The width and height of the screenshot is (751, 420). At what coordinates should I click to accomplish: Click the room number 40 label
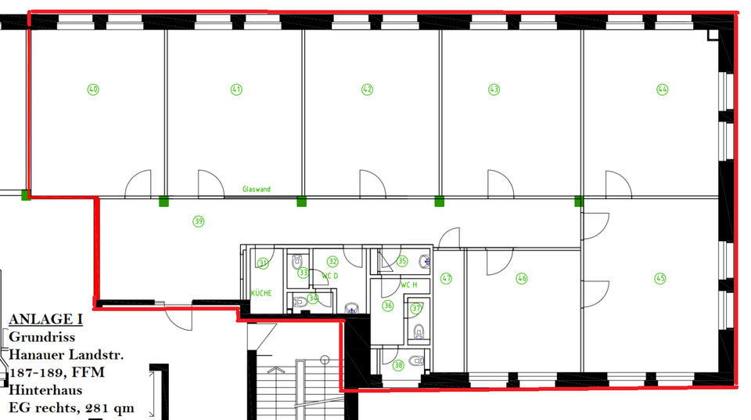coord(94,89)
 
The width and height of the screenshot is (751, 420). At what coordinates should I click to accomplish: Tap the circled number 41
coord(236,89)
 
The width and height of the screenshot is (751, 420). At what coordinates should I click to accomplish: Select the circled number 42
coord(367,89)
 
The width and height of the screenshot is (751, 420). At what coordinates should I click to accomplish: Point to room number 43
coord(494,89)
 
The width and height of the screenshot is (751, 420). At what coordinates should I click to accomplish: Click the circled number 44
coord(663,89)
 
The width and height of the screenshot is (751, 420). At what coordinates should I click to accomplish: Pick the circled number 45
coord(660,278)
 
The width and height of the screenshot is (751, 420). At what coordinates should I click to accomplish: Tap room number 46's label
coord(522,278)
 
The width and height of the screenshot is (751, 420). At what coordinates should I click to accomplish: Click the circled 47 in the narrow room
coord(447,278)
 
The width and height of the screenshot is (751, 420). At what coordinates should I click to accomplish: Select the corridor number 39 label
coord(199,222)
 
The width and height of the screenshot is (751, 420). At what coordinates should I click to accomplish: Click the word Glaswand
coord(257,190)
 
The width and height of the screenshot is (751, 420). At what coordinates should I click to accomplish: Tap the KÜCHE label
coord(261,293)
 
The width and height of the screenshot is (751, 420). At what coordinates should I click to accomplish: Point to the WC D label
coord(329,276)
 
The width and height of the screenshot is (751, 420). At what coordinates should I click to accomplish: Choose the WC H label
coord(408,284)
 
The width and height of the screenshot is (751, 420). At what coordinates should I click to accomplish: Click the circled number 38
coord(398,364)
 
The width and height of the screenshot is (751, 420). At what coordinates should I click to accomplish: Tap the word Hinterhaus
coord(46,389)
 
